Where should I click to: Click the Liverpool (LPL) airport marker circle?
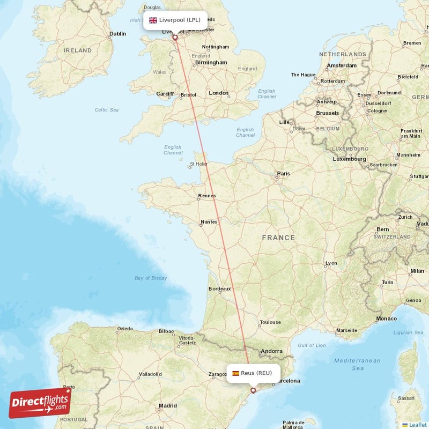coord(175,38)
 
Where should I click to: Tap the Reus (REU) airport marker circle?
coord(253,390)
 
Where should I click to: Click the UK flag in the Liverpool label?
coord(153,20)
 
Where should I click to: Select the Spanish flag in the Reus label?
coord(235,373)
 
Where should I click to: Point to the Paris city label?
coord(283,174)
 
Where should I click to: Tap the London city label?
coord(218,93)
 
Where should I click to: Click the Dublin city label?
coord(117,34)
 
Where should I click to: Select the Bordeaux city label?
coord(219,289)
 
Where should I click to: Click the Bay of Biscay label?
coord(151,278)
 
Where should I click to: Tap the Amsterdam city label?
coord(342,65)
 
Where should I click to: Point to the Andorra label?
coord(271,352)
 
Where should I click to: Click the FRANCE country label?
coord(278,238)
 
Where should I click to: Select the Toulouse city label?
coord(270,322)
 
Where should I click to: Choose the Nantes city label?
coord(209,221)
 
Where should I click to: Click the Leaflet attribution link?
coord(417,425)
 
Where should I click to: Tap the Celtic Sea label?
coord(107,110)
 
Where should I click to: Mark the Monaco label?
coord(386,319)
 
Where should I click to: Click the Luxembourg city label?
coord(349,159)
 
